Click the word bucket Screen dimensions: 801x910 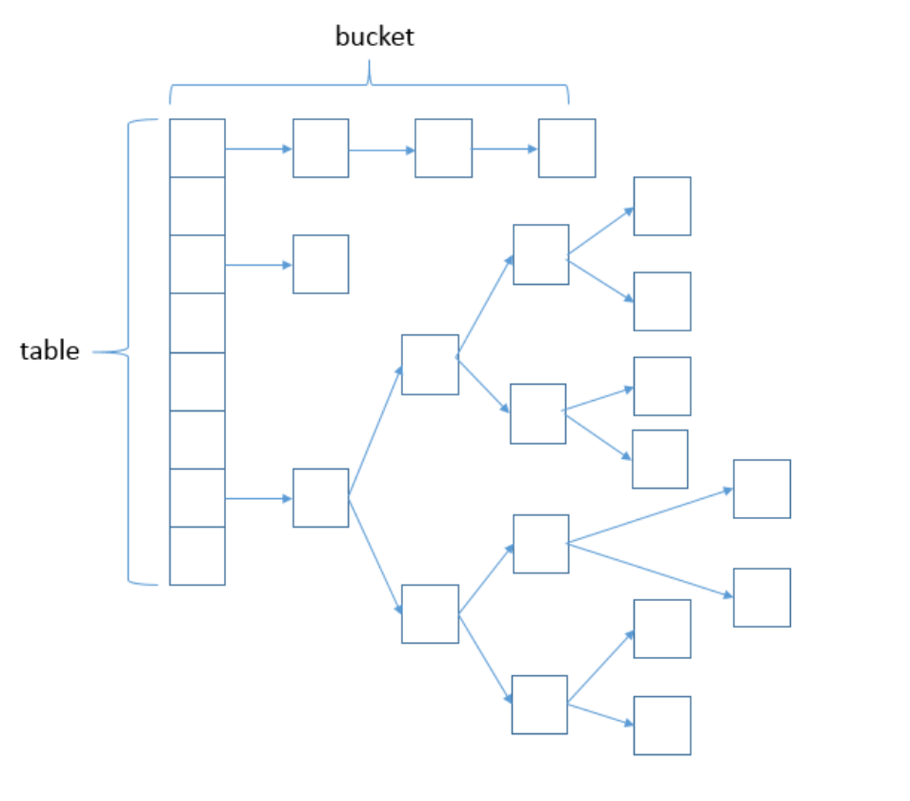tap(374, 37)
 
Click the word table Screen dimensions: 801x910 tap(50, 350)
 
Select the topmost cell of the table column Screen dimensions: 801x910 tap(197, 148)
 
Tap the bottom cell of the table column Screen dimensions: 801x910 tap(197, 555)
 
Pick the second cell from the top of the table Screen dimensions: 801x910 tap(197, 206)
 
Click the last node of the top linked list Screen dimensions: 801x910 tap(567, 148)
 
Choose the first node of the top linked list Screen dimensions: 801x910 tap(320, 148)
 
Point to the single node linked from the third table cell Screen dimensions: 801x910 tap(320, 264)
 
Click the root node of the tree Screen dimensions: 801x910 tap(320, 497)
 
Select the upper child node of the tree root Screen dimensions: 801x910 tap(430, 364)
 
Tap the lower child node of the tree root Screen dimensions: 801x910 tap(430, 613)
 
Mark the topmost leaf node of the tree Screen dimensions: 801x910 tap(662, 206)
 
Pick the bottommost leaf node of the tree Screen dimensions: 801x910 tap(662, 726)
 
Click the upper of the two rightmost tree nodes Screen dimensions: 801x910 tap(761, 489)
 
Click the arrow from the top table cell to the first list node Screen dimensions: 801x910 tap(258, 149)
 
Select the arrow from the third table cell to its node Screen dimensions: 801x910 tap(258, 265)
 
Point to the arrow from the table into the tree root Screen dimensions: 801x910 tap(258, 498)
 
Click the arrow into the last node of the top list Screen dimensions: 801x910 tap(505, 149)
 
